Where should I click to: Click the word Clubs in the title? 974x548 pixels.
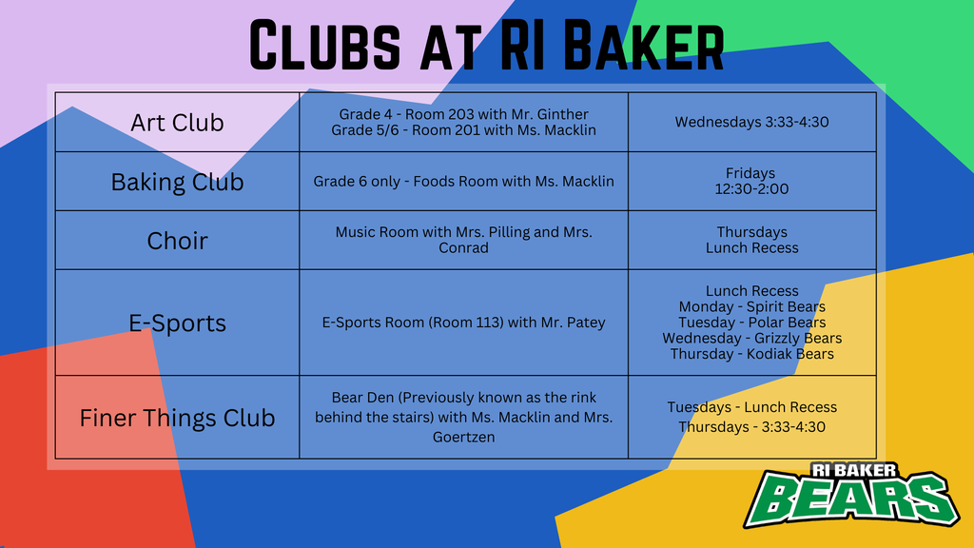point(325,45)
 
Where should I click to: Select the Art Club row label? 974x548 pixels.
point(177,123)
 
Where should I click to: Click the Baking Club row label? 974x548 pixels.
point(177,182)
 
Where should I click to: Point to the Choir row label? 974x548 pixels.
point(177,241)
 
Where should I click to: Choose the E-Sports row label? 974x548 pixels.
point(177,323)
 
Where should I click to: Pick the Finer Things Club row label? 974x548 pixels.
point(177,418)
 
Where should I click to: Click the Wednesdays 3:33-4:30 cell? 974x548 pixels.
point(751,122)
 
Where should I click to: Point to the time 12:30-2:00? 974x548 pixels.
point(751,189)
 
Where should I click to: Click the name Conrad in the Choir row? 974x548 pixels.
point(463,248)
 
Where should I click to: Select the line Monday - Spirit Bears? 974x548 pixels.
point(751,307)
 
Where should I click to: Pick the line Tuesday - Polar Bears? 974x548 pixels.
point(751,323)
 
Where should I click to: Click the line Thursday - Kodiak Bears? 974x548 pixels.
point(751,354)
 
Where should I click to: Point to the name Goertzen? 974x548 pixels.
point(463,437)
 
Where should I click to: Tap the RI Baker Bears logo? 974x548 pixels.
point(851,495)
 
